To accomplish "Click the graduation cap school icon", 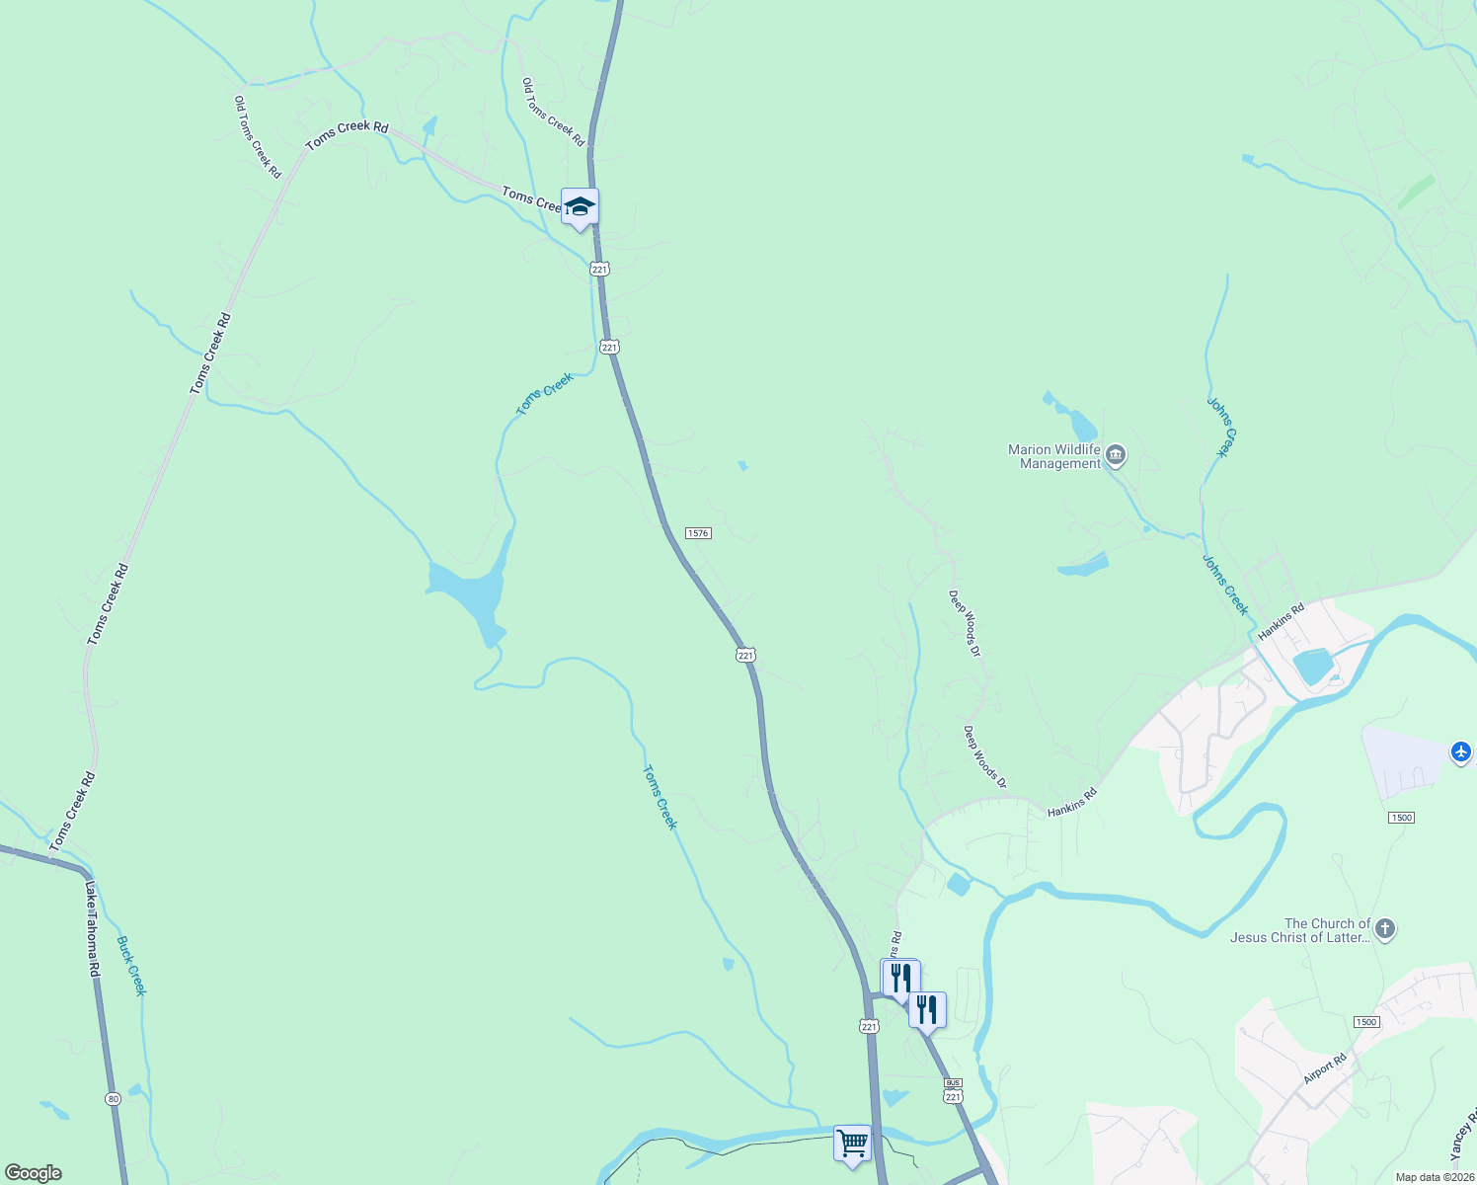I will tap(580, 206).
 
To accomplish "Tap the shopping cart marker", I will tap(852, 1144).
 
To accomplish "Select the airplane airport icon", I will tap(1461, 751).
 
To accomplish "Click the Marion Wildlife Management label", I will tap(1053, 456).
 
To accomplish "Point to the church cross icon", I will tap(1385, 928).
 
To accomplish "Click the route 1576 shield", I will tap(698, 533).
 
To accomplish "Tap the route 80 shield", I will tap(114, 1098).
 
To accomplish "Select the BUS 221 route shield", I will tap(952, 1090).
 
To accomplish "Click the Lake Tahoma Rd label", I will tap(93, 928).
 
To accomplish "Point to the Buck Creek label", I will tap(131, 966).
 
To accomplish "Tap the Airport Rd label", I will tap(1325, 1069).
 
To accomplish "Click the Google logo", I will tap(34, 1173).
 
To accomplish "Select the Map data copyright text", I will tap(1433, 1177).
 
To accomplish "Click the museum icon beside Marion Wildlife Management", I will tap(1116, 455).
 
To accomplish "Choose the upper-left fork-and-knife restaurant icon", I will tap(900, 977).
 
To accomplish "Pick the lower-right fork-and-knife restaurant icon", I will tap(927, 1009).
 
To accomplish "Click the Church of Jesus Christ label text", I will tap(1300, 930).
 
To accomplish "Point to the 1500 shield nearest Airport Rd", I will tap(1366, 1022).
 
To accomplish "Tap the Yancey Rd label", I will tap(1463, 1135).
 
